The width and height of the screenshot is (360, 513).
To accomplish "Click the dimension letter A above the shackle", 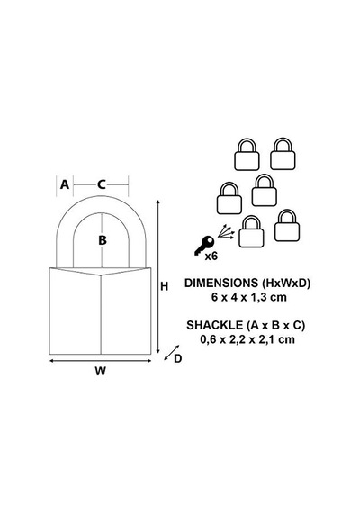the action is coord(65,184).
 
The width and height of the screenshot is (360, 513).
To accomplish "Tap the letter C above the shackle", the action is coord(102,184).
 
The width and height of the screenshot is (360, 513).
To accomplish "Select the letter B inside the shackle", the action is coord(103,240).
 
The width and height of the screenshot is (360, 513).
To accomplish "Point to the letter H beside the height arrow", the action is coord(165,286).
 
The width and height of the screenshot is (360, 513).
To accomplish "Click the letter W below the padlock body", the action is coord(101,372).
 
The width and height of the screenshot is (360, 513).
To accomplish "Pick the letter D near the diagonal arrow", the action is coord(177,359).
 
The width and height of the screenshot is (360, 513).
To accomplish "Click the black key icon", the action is coord(204,245).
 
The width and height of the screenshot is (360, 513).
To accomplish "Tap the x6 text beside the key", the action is coord(211,256).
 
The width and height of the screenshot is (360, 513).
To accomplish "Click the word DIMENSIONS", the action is coord(221,283).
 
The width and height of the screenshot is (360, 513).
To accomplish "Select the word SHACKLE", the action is coord(215,325).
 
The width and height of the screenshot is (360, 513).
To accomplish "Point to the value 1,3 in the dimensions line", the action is coord(259,297).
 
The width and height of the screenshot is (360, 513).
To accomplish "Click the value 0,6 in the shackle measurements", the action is coord(208,339).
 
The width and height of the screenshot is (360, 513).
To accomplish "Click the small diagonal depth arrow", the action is coord(172,353).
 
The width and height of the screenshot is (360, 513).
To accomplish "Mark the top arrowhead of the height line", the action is coord(158,202).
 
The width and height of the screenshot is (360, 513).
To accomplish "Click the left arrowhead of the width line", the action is coord(51,361).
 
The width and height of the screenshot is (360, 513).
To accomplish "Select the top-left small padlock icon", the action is coord(247,155).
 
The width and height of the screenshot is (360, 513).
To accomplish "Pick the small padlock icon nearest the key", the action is coord(251,231).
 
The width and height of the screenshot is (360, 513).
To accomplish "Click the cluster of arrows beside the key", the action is coord(227,232).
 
